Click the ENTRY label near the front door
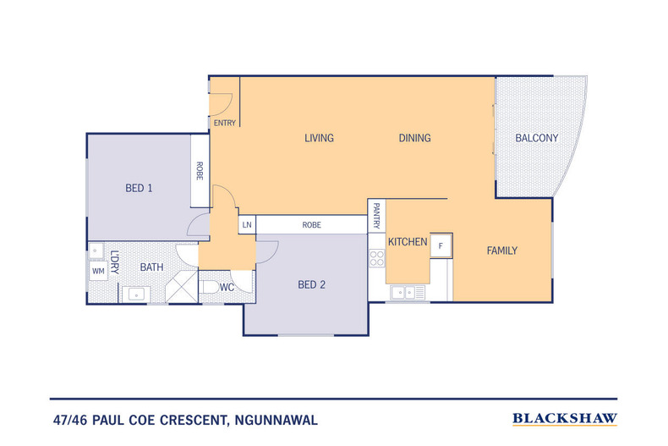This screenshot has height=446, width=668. tap(225, 124)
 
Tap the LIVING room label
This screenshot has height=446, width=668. tap(319, 138)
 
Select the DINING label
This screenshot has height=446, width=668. tap(414, 138)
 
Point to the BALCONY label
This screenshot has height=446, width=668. tap(536, 138)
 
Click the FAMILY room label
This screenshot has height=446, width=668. tap(502, 251)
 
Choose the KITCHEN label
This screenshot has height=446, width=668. tap(408, 242)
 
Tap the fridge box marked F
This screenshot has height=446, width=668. tap(441, 245)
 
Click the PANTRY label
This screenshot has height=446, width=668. tap(376, 216)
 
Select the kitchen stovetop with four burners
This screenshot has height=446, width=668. tap(377, 258)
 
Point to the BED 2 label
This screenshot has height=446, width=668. tap(311, 285)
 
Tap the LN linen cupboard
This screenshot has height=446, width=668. tap(247, 225)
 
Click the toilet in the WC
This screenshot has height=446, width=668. tap(209, 287)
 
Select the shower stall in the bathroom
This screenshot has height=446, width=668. tap(182, 287)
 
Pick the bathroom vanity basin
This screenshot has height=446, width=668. tap(136, 295)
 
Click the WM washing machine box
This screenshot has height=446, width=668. tap(98, 271)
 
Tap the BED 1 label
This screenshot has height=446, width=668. tap(139, 188)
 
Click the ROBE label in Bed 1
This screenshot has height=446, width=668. tap(200, 171)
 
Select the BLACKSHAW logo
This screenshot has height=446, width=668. tap(565, 419)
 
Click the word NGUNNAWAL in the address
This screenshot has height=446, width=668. tap(276, 421)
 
